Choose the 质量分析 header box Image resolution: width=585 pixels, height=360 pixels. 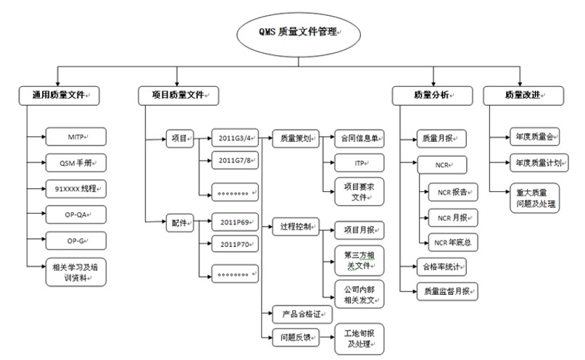(x=431, y=95)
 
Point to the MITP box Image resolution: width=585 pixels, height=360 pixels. (x=75, y=135)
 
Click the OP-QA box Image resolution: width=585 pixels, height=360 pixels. (x=75, y=214)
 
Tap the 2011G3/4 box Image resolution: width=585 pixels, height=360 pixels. (x=235, y=136)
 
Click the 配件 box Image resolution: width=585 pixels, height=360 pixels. (x=180, y=224)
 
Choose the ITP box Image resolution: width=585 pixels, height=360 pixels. (x=360, y=163)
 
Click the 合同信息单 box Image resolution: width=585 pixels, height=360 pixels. (x=360, y=136)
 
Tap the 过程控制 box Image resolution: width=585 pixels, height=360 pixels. (x=295, y=227)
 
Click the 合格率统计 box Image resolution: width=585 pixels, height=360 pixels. (x=441, y=267)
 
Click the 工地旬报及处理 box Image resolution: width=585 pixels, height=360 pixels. (x=360, y=338)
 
